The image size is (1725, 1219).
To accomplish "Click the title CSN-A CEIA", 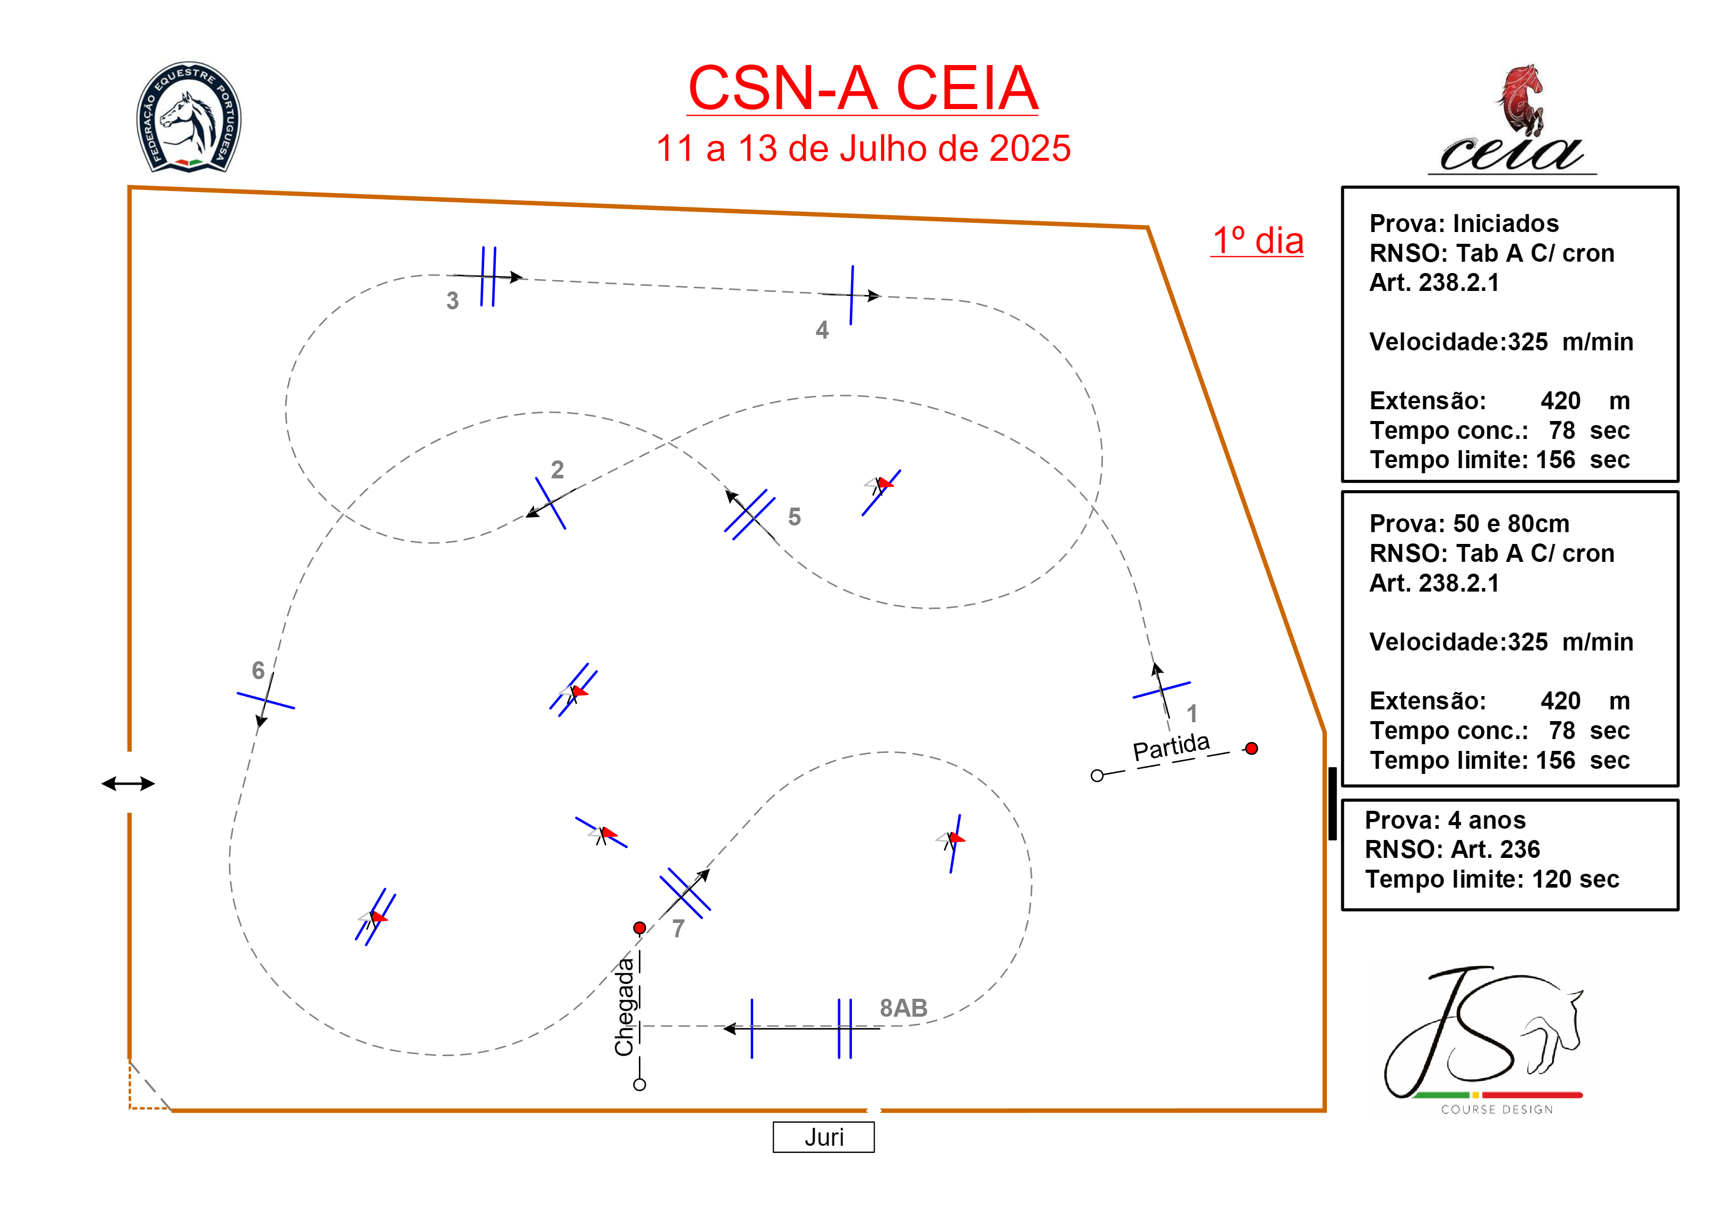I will point(863,89).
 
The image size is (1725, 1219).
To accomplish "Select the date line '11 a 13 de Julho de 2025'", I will point(863,149).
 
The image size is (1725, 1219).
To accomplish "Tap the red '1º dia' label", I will point(1257,241).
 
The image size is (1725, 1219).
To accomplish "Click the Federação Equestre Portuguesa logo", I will point(189,117).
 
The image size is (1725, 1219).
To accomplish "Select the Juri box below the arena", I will point(823,1137).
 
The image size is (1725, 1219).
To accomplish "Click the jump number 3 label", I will point(452,301).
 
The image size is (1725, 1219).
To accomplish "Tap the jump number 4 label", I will point(822,330).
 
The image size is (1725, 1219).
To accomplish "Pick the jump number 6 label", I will point(258,670).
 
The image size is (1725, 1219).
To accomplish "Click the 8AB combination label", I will point(903,1008).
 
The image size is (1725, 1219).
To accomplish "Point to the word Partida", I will point(1171,747).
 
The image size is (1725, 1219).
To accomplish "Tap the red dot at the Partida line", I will point(1251,749).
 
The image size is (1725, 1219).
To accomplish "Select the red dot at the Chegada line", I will point(639,928).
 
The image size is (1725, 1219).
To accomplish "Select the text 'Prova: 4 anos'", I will point(1445,820).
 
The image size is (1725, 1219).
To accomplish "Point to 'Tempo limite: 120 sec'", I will point(1491,879).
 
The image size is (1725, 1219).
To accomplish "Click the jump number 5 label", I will point(794,517).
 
